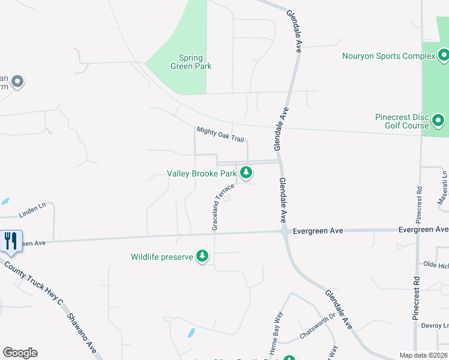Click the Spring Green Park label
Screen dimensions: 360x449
(195, 62)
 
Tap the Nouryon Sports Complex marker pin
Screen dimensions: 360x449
(444, 56)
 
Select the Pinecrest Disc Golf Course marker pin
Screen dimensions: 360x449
(438, 121)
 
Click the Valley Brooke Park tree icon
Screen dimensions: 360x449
(246, 173)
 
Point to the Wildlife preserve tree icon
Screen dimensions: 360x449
(203, 256)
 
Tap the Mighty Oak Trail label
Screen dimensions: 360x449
(220, 134)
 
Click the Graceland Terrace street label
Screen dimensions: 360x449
(222, 208)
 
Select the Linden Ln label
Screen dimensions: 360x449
(32, 211)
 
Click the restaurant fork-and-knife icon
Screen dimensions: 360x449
(11, 241)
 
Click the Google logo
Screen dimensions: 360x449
(20, 353)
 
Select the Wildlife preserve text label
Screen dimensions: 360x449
(162, 257)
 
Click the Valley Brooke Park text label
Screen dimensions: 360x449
(202, 173)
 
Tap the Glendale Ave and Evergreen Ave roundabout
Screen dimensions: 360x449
(284, 230)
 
